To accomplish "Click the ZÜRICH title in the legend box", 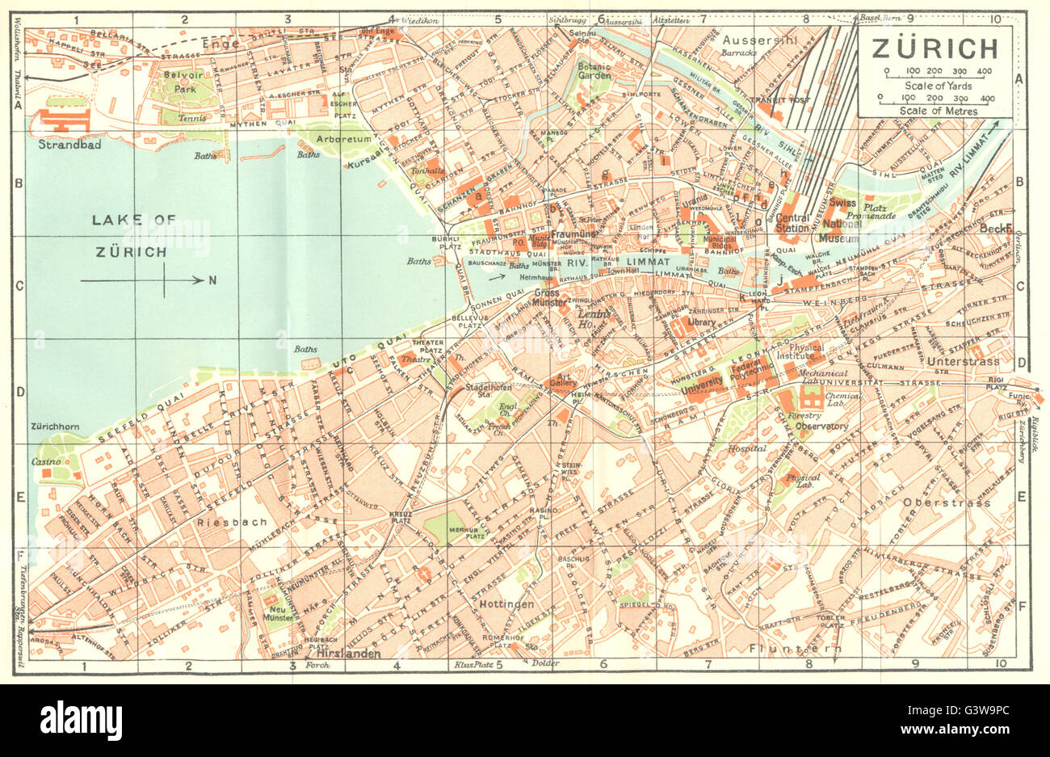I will pos(934,48).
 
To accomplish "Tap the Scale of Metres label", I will pos(934,111).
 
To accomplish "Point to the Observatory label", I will pos(821,426).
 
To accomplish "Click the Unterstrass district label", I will pos(963,361).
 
